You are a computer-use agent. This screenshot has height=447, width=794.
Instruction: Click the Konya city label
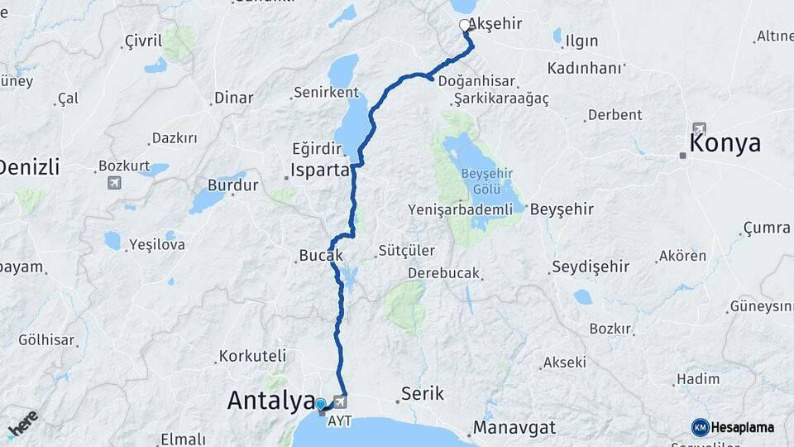[x=725, y=142]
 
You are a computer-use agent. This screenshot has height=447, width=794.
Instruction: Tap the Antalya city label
[x=270, y=401]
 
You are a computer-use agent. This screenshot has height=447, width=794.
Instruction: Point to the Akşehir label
[x=495, y=24]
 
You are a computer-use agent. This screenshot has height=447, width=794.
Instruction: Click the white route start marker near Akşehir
[x=465, y=26]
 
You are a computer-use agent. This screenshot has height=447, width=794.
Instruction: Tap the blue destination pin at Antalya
[x=321, y=405]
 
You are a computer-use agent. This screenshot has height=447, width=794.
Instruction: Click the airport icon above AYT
[x=339, y=401]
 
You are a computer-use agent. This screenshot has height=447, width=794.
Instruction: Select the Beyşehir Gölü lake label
[x=482, y=181]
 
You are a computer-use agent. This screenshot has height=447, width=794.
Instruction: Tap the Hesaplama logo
[x=733, y=427]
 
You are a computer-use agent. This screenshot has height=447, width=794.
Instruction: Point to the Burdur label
[x=232, y=185]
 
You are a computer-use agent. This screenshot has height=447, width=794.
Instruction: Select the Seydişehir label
[x=590, y=267]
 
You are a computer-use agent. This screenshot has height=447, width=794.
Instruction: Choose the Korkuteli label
[x=251, y=357]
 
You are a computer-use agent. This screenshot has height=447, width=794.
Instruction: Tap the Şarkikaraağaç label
[x=501, y=99]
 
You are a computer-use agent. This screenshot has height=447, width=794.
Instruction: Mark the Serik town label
[x=422, y=394]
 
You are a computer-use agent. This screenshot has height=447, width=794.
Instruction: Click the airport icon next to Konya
[x=700, y=129]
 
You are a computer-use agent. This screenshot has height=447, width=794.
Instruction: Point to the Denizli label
[x=28, y=167]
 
